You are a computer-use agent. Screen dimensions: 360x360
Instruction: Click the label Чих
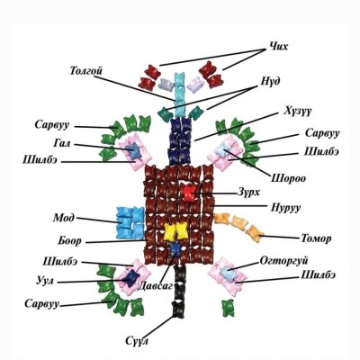point(277,47)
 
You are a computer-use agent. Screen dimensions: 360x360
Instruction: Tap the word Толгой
point(86,71)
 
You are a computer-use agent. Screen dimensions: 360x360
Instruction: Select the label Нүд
point(268,81)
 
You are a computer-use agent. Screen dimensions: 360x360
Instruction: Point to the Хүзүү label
point(298,111)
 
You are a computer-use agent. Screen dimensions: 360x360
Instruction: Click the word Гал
point(62,144)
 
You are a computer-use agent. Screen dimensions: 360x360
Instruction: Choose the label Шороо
point(288,178)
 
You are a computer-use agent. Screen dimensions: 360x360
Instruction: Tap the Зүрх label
point(248,193)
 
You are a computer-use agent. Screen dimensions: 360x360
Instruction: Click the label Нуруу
point(285,207)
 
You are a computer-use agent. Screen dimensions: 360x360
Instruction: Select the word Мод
point(64,218)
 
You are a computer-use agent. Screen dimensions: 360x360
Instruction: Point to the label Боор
point(69,240)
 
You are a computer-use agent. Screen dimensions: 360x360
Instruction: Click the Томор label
point(316,238)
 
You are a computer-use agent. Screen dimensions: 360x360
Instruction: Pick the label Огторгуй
point(283,261)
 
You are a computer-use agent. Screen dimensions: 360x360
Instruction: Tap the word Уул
point(45,282)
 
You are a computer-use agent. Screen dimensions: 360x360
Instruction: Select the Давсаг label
point(155,286)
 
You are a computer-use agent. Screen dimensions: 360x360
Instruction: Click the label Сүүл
point(137,341)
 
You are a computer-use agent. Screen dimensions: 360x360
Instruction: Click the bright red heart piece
point(189,193)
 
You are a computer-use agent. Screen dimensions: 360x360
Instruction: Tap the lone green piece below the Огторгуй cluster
point(228,308)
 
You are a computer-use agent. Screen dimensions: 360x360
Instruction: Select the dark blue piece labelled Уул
point(131,278)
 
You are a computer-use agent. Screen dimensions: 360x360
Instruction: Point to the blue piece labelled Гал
point(134,150)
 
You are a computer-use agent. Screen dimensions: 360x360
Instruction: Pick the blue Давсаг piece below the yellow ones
point(175,249)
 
